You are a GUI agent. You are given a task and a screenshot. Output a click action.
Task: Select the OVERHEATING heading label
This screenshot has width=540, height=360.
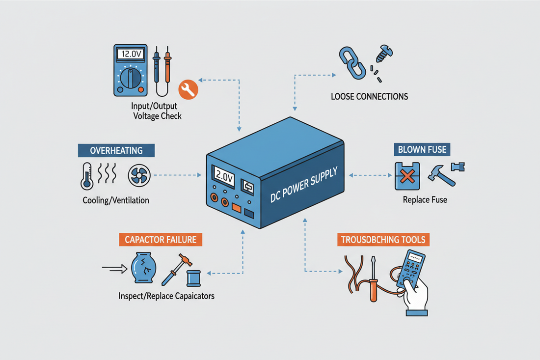[x=116, y=150]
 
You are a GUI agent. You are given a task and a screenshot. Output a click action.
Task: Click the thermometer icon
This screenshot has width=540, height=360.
[x=87, y=176]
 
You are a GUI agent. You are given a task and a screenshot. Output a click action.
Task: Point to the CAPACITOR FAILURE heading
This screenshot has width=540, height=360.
[x=161, y=239]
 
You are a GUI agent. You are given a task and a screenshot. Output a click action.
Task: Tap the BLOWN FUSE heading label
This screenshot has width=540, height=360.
[x=423, y=149]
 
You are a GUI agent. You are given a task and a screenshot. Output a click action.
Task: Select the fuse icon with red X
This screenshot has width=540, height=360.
[x=407, y=176]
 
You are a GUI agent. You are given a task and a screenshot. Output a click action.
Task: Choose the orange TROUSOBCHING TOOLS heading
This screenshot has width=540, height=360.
[x=384, y=240]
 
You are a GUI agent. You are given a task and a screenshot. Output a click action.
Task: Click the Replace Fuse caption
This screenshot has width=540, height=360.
[x=425, y=200]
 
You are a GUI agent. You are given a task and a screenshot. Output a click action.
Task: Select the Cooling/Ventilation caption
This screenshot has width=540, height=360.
[x=116, y=200]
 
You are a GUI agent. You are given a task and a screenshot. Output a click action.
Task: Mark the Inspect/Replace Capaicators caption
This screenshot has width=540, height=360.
[x=166, y=296]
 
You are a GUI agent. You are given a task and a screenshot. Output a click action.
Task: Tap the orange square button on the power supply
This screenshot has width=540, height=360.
[x=236, y=208]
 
